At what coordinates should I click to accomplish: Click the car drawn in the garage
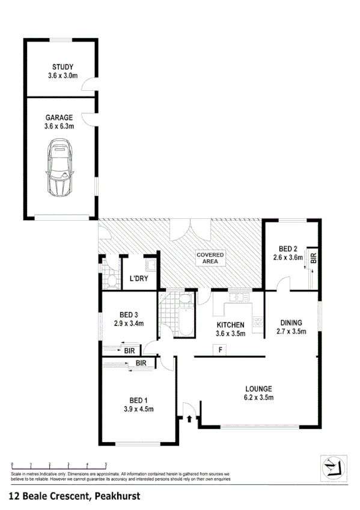[x=60, y=168]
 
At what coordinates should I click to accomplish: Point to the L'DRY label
[x=139, y=278]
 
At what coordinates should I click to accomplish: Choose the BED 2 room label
[x=288, y=249]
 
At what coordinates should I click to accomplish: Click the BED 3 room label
[x=129, y=315]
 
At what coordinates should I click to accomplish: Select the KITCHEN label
[x=230, y=325]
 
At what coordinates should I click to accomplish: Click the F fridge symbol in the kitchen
[x=221, y=349]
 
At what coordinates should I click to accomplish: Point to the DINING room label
[x=291, y=322]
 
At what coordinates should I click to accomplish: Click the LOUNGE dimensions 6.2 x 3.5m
[x=258, y=397]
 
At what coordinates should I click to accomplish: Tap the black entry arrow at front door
[x=191, y=417]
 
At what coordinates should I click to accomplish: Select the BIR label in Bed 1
[x=141, y=363]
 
